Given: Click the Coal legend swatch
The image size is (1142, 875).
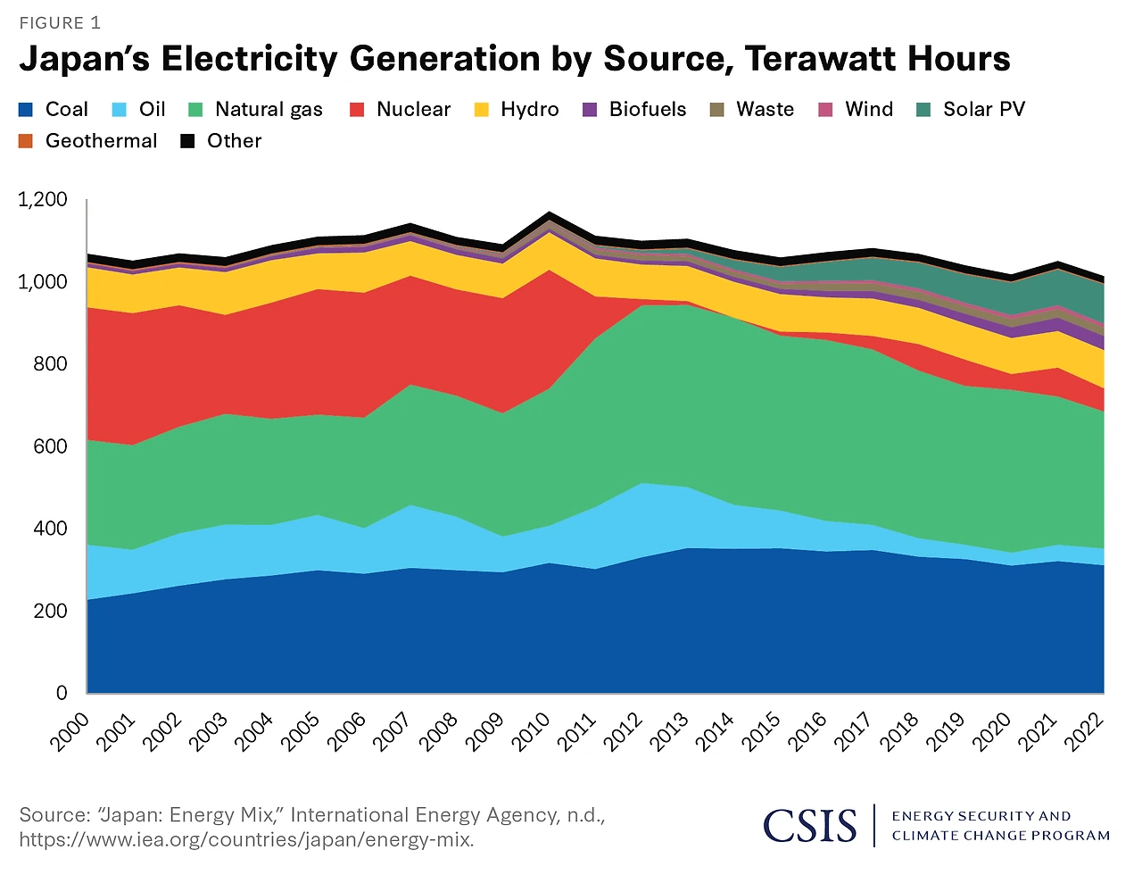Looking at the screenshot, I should (26, 110).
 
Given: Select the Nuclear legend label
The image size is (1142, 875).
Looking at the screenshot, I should (413, 110).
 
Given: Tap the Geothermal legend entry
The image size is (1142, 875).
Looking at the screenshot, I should (101, 141).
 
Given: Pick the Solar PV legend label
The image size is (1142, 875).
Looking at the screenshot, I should (984, 110).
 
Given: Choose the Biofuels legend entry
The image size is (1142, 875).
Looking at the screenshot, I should (648, 110).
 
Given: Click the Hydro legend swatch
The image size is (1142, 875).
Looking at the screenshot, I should (482, 110).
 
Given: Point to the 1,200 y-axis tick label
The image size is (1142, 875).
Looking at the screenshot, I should (43, 199).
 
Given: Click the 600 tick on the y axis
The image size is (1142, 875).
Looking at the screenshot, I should (50, 446).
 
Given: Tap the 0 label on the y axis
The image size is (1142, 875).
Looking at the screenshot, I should (62, 693).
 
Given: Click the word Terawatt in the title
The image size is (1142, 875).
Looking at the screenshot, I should (808, 59).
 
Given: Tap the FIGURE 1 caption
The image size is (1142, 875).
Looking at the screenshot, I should (60, 23).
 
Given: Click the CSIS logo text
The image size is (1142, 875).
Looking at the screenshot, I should (810, 825).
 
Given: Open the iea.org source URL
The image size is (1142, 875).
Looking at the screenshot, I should (246, 840).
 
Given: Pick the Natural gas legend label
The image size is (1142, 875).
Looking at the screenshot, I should (269, 110).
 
